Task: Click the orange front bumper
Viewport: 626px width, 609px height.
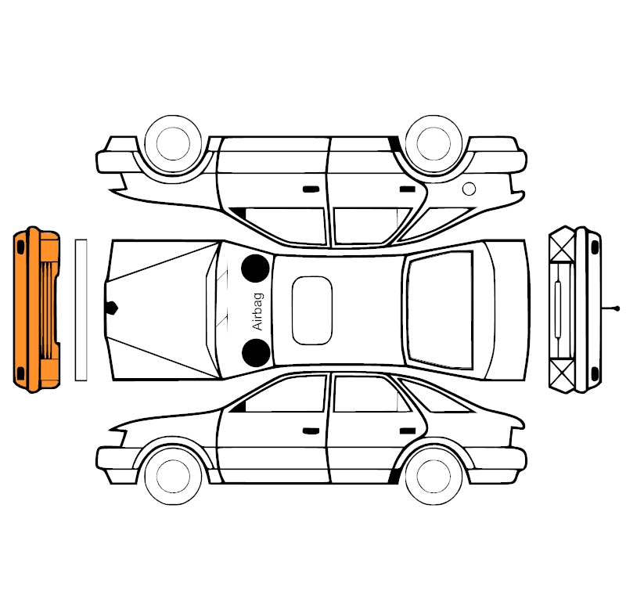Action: click(x=35, y=309)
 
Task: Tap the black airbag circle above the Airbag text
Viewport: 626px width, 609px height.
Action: click(x=255, y=268)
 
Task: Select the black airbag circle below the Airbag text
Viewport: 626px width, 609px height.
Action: click(x=255, y=353)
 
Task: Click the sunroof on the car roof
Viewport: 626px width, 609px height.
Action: click(x=312, y=311)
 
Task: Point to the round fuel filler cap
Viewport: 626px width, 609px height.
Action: click(x=469, y=188)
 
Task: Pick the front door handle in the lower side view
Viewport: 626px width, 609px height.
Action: click(x=311, y=430)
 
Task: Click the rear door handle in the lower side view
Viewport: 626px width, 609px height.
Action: click(x=407, y=430)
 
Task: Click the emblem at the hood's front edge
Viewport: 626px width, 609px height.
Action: click(x=113, y=308)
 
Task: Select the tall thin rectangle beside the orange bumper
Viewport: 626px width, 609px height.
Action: click(x=81, y=310)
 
